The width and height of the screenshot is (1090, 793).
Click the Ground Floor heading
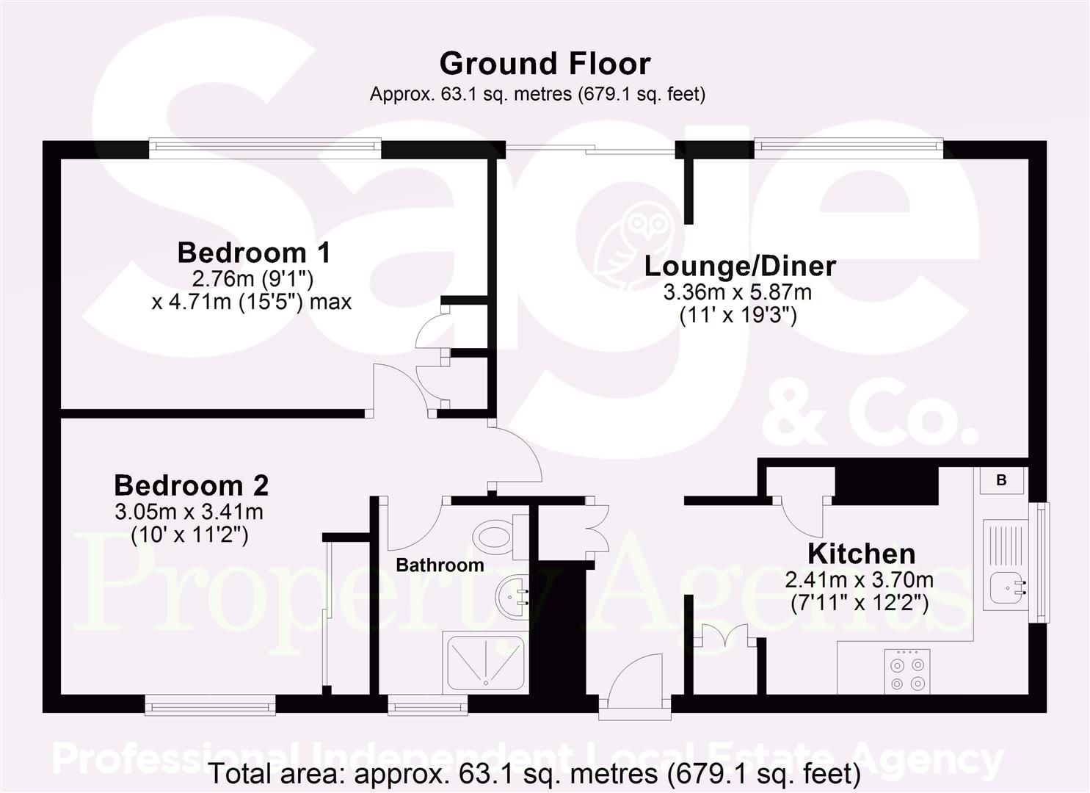click(545, 65)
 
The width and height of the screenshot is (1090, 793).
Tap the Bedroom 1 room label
click(253, 253)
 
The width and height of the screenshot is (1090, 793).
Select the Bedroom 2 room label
click(192, 485)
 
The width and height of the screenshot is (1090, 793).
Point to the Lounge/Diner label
click(740, 267)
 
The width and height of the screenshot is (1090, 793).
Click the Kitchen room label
click(861, 554)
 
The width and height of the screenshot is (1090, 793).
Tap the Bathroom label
click(440, 565)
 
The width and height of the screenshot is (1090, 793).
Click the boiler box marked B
click(1001, 480)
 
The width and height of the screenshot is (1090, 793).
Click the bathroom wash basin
click(512, 597)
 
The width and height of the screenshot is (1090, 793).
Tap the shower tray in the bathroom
click(485, 662)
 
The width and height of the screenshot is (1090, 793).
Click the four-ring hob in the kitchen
click(907, 672)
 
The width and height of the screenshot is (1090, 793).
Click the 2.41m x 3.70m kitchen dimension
click(860, 580)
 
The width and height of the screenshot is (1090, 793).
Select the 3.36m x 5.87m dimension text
click(738, 292)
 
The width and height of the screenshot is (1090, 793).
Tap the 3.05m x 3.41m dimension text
click(189, 512)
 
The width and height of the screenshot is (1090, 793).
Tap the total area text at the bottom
click(535, 773)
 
